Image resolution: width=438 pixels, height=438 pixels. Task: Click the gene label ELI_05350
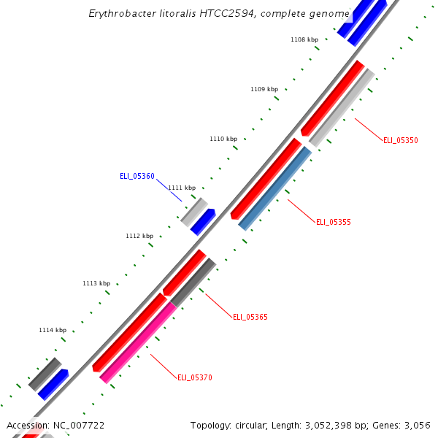400,140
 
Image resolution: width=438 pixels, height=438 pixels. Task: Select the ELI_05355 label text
333,222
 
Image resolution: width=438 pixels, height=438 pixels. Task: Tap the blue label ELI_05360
137,176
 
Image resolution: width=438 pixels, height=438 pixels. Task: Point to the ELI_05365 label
250,317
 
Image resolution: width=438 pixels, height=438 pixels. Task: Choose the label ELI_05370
195,377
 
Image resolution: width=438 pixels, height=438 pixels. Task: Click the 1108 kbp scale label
304,40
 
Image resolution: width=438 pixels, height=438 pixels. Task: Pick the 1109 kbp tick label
264,89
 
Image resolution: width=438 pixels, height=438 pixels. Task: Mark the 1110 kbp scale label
223,139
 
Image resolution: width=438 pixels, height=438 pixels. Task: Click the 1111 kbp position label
182,188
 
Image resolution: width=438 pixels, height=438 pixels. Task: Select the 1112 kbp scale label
139,236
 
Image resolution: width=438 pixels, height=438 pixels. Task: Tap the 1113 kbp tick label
96,283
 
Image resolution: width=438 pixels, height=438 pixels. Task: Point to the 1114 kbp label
53,330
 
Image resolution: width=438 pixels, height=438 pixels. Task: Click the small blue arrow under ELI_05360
203,222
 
